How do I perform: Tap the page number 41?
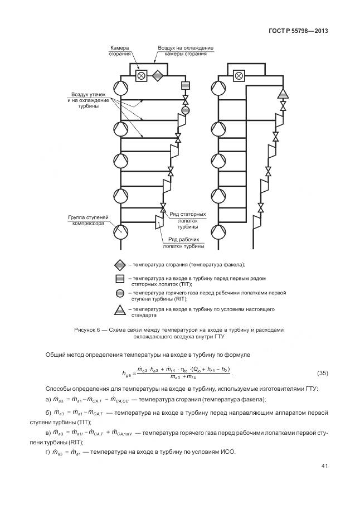click(324, 466)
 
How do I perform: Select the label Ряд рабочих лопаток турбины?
click(183, 242)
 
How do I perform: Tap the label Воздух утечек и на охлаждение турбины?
click(83, 100)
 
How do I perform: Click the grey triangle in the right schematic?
click(283, 93)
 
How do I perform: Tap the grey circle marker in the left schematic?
click(186, 110)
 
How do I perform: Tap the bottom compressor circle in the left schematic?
click(120, 229)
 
